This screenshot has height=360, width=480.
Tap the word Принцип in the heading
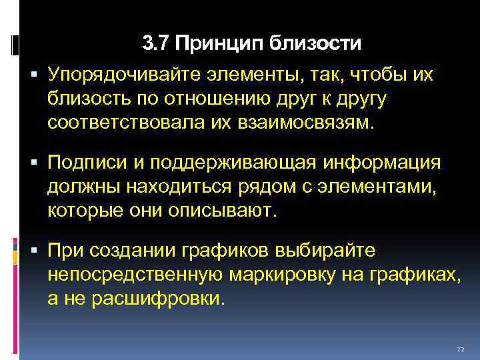click(x=217, y=45)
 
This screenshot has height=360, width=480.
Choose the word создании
click(x=131, y=252)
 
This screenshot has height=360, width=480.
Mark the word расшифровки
click(x=159, y=299)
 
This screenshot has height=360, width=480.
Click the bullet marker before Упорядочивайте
click(x=33, y=75)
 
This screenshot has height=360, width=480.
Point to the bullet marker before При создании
click(x=33, y=251)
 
